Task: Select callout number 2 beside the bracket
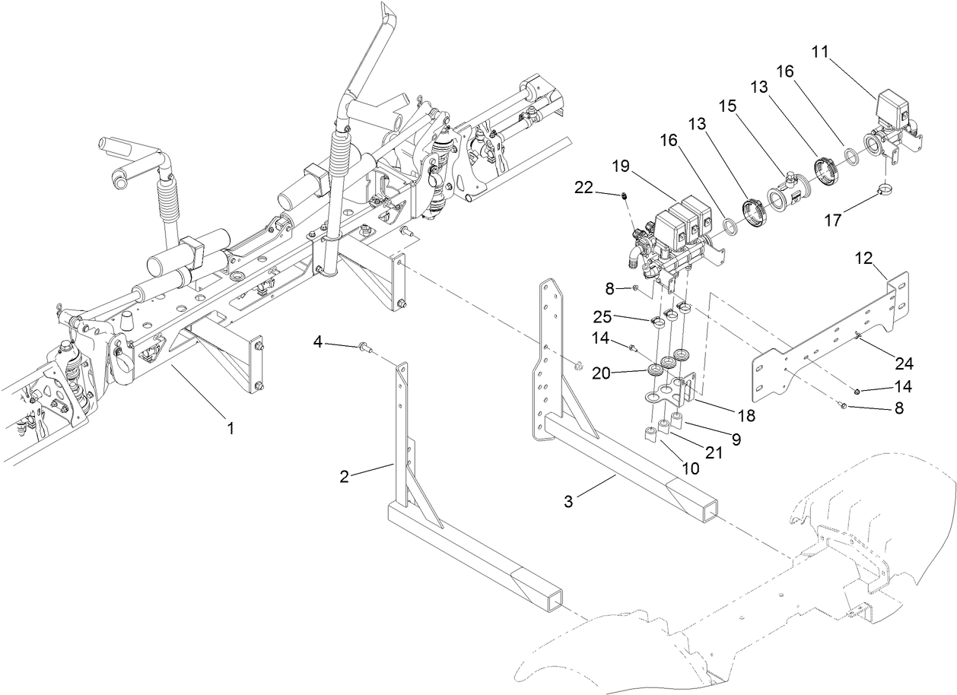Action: (x=344, y=477)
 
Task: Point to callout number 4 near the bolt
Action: (x=319, y=343)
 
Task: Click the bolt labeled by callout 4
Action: (x=363, y=348)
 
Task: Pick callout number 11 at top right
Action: (x=820, y=52)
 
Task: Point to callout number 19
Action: (x=620, y=165)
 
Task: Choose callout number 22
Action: (x=583, y=187)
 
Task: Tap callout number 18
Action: (x=746, y=415)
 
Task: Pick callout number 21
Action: (x=714, y=453)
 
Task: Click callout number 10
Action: (x=690, y=469)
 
